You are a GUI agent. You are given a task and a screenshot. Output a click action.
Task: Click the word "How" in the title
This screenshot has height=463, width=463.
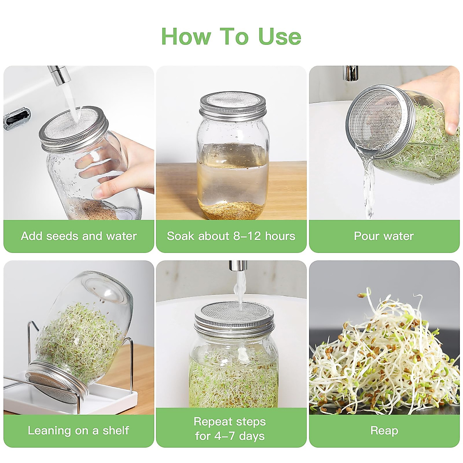(186, 37)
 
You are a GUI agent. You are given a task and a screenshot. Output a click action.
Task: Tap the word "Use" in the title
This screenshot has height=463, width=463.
(279, 37)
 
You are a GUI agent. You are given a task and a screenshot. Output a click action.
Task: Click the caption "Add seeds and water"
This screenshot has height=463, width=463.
(79, 236)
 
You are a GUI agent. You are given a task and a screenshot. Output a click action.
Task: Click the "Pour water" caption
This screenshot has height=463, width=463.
(384, 236)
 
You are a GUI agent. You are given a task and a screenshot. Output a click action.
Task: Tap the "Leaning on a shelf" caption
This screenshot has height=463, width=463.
(78, 431)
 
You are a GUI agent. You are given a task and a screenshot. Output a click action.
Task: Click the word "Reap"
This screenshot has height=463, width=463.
(384, 431)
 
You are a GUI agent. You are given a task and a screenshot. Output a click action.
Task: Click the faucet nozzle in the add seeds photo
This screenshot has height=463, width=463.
(57, 75)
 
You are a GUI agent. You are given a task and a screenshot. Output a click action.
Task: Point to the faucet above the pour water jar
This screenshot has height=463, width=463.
(351, 73)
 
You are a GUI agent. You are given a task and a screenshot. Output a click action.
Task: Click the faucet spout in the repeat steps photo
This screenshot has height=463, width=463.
(237, 266)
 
